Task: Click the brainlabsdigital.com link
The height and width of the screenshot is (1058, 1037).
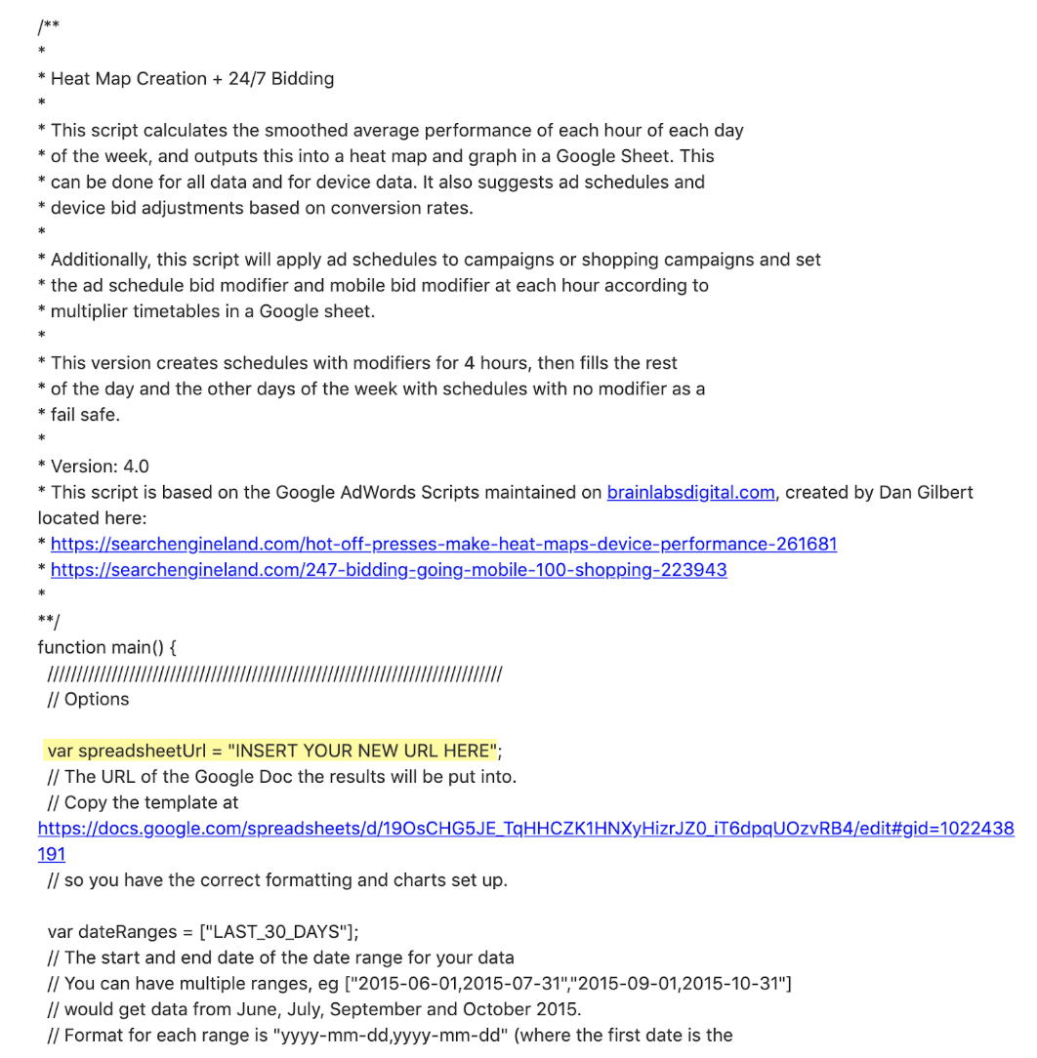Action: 690,492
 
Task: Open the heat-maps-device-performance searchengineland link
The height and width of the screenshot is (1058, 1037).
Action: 443,544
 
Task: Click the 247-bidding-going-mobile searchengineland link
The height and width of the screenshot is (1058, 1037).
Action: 389,570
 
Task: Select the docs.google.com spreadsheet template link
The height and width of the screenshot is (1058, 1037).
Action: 525,829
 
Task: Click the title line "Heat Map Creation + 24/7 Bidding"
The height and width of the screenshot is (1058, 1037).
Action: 192,78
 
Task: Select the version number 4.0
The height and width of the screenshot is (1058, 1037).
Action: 136,467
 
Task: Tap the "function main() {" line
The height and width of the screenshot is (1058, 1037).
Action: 106,647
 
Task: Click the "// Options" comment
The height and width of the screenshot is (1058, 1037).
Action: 88,699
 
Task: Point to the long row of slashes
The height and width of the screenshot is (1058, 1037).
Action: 274,673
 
